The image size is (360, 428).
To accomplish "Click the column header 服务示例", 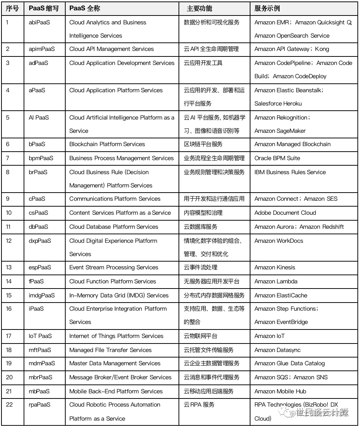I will pyautogui.click(x=267, y=8).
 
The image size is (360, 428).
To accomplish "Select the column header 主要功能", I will pyautogui.click(x=200, y=8).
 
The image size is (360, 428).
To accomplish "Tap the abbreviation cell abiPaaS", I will pyautogui.click(x=39, y=23).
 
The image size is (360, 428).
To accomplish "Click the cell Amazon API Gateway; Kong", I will pyautogui.click(x=291, y=49).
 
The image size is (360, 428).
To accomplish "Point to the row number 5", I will pyautogui.click(x=8, y=118).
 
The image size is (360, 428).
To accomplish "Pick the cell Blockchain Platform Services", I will pyautogui.click(x=107, y=144).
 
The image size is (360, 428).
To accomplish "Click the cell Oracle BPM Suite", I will pyautogui.click(x=277, y=158).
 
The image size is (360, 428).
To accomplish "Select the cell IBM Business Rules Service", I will pyautogui.click(x=290, y=172).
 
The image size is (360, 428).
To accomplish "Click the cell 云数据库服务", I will pyautogui.click(x=201, y=227).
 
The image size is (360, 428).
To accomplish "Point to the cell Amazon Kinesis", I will pyautogui.click(x=275, y=267).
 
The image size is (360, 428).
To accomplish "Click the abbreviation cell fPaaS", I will pyautogui.click(x=36, y=282).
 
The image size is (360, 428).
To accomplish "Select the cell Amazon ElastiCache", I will pyautogui.click(x=281, y=296).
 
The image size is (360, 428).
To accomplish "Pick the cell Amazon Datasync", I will pyautogui.click(x=277, y=350).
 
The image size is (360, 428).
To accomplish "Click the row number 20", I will pyautogui.click(x=9, y=377).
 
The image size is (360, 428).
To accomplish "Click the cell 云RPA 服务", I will pyautogui.click(x=199, y=405).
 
